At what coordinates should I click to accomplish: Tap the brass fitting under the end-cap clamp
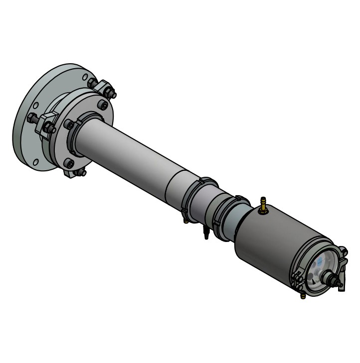point(302,295)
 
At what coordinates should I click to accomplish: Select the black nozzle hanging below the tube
point(205,233)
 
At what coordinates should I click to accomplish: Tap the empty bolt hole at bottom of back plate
point(36,162)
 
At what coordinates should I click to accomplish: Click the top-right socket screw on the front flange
point(103,105)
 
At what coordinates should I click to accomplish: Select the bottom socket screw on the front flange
point(69,163)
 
